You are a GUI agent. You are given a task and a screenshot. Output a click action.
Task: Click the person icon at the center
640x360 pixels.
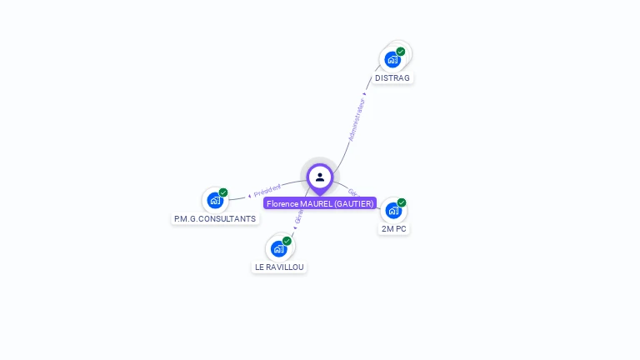[x=320, y=177]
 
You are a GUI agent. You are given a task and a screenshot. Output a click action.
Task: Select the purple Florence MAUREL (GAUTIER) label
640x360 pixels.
[x=320, y=203]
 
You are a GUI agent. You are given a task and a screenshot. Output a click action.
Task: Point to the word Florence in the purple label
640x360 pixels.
[x=282, y=203]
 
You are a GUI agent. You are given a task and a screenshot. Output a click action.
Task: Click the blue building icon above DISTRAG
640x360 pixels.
[x=392, y=60]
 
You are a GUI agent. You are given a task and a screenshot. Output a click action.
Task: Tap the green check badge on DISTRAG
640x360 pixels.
[x=401, y=52]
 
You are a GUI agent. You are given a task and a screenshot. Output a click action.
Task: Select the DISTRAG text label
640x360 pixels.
[x=392, y=78]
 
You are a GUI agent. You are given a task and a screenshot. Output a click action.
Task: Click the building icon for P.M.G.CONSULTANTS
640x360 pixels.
[x=215, y=200]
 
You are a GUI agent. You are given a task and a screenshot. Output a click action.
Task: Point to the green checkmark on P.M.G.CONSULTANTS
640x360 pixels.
[x=223, y=192]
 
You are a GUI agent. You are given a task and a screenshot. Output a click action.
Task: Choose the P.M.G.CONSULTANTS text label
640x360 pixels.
[x=215, y=218]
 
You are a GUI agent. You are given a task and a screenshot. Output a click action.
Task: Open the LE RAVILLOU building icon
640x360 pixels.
[x=278, y=248]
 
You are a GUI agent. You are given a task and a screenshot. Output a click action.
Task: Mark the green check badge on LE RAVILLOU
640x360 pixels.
[x=287, y=241]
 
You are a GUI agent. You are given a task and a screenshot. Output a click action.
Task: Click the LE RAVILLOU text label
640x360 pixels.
[x=279, y=267]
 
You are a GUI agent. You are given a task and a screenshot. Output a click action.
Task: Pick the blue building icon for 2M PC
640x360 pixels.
[x=393, y=210]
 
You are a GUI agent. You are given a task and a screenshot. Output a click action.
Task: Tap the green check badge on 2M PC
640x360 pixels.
[x=402, y=202]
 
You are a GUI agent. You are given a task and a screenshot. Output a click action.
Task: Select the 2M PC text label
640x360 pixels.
[x=394, y=228]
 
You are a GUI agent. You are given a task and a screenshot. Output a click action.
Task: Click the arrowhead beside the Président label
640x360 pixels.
[x=250, y=195]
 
